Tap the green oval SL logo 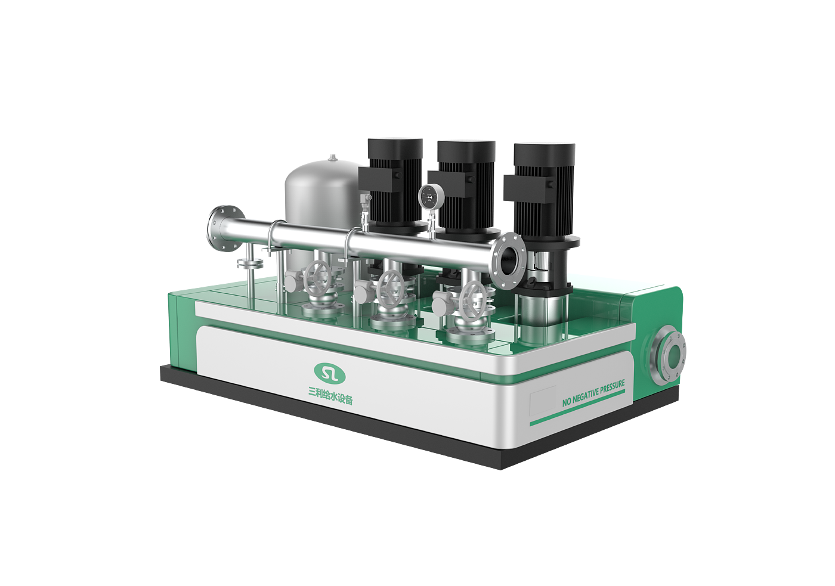click(x=329, y=373)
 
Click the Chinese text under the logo click(x=330, y=396)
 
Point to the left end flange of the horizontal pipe click(x=225, y=228)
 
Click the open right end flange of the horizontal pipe click(x=508, y=261)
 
